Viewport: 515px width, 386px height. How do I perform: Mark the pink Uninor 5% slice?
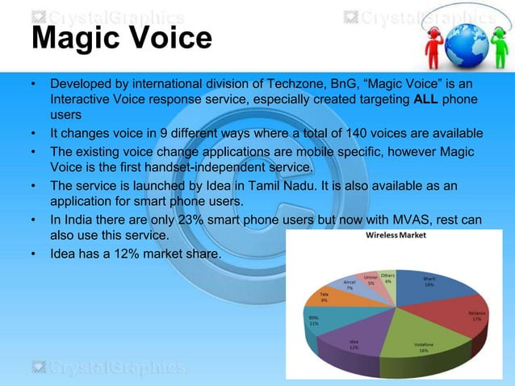pos(371,281)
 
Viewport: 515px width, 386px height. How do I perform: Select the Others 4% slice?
pos(387,279)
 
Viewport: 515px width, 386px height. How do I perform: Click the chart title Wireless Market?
pos(396,236)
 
